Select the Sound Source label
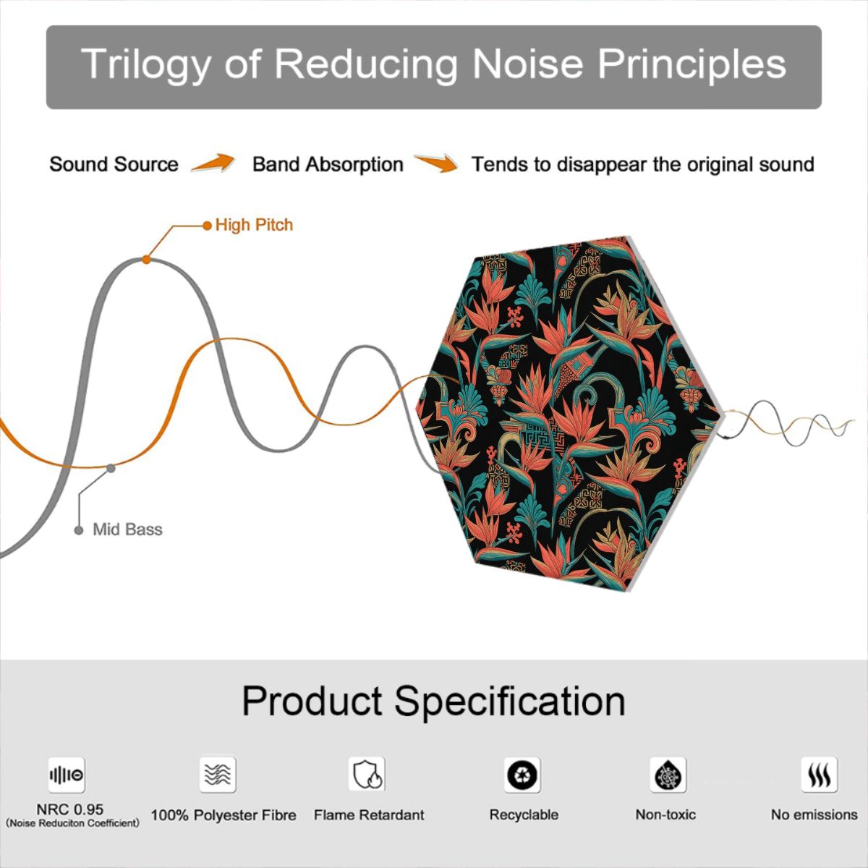[114, 164]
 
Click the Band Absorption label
[328, 164]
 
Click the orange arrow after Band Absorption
[436, 163]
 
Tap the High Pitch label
[254, 225]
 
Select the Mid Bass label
[127, 529]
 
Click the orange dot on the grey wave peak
[146, 260]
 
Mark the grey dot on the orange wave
[111, 469]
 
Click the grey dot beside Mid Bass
[79, 530]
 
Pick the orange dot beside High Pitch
[207, 225]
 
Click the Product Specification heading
[434, 700]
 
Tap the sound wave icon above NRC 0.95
[67, 775]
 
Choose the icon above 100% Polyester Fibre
[218, 775]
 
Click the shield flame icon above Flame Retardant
[367, 774]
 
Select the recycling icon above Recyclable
[522, 775]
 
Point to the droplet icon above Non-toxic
[668, 775]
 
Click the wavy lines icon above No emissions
[820, 775]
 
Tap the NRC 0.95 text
[70, 809]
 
